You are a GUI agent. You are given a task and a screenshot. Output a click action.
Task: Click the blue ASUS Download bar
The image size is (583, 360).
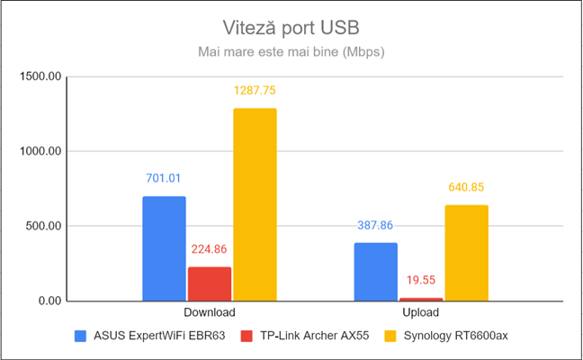[164, 248]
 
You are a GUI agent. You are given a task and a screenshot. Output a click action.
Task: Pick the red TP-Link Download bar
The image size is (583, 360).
[210, 283]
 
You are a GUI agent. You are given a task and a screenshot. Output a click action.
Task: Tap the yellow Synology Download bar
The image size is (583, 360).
[255, 204]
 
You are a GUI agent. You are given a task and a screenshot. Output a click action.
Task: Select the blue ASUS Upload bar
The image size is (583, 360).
[375, 272]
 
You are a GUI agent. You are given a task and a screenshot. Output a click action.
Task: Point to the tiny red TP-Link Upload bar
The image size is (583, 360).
[421, 299]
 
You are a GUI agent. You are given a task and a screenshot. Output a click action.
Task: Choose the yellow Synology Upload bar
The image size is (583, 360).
[466, 253]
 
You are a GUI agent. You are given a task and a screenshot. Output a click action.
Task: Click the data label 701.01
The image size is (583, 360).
[164, 178]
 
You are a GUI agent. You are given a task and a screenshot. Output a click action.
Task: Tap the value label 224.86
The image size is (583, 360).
[210, 249]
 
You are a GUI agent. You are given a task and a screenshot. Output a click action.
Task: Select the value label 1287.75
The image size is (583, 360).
[255, 90]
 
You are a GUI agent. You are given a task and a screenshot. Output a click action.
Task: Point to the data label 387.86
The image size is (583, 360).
[375, 225]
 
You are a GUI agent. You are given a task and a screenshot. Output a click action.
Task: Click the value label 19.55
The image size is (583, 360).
[421, 280]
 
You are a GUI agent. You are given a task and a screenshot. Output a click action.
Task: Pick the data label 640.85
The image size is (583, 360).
[466, 187]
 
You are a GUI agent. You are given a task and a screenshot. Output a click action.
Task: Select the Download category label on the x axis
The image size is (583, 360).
[210, 313]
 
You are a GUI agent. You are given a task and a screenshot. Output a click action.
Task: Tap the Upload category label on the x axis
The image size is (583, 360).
[421, 313]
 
